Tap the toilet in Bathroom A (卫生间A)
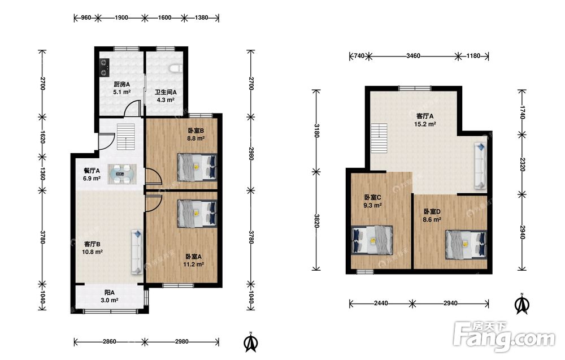coord(176,68)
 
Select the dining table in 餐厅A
coord(123,175)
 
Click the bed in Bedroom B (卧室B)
coord(197,167)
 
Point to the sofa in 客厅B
coord(137,251)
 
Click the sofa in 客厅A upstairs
coord(480,165)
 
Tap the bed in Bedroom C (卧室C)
coord(372,240)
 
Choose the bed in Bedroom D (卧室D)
coord(466,245)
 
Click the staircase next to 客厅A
coord(379,136)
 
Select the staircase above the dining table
coord(126,137)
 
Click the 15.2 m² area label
coord(425,124)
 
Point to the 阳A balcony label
coord(110,293)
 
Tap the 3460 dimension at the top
coord(413,56)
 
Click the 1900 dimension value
coord(121,18)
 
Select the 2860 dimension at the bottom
coord(109,341)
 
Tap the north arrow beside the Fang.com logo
coord(521,303)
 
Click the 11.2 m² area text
coord(193,264)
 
